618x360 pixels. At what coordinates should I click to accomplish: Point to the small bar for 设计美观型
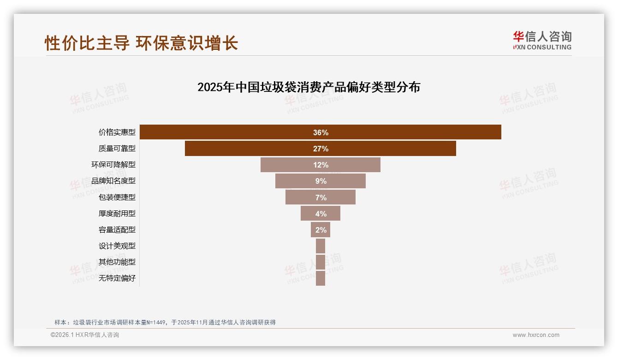pyautogui.click(x=321, y=246)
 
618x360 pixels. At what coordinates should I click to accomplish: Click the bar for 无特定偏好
pyautogui.click(x=321, y=278)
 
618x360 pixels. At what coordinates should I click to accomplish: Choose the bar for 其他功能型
pyautogui.click(x=321, y=262)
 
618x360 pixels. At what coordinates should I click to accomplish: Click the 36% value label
pyautogui.click(x=321, y=132)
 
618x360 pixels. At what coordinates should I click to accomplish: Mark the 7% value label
pyautogui.click(x=321, y=198)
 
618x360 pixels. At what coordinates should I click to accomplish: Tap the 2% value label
pyautogui.click(x=321, y=230)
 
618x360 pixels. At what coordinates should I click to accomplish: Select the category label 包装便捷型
pyautogui.click(x=117, y=197)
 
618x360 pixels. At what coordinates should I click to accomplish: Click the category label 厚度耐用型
pyautogui.click(x=117, y=213)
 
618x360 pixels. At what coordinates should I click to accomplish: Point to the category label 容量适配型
pyautogui.click(x=117, y=229)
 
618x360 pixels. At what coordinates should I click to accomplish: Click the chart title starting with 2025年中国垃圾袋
pyautogui.click(x=309, y=87)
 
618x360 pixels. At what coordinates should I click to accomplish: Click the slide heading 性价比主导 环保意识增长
pyautogui.click(x=141, y=43)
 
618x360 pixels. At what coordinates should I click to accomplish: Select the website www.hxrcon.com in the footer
pyautogui.click(x=536, y=335)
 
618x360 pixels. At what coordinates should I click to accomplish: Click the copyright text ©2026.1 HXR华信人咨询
pyautogui.click(x=85, y=335)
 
